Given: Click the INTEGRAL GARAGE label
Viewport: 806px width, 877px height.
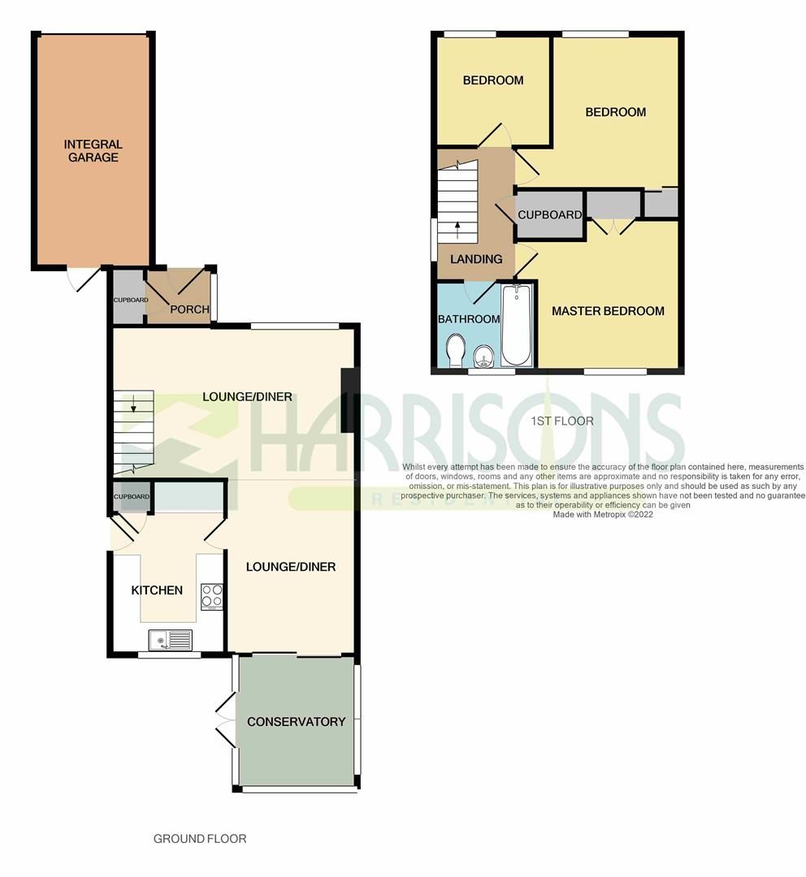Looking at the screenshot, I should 93,151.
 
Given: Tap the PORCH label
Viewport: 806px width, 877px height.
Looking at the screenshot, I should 189,309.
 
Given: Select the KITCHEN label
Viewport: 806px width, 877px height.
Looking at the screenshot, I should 157,590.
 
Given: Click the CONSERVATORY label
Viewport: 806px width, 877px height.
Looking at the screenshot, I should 296,722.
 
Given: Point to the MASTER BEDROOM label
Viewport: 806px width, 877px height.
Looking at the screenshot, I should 608,311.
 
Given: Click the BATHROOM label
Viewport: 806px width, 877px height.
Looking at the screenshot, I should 469,319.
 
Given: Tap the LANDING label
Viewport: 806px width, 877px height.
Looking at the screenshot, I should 476,259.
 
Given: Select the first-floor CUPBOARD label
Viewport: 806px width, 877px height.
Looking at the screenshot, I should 550,215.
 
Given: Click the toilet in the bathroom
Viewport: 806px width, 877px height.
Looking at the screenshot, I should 455,352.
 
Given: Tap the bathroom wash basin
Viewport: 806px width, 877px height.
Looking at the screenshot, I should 483,354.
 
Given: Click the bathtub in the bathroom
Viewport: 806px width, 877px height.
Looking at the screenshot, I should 516,325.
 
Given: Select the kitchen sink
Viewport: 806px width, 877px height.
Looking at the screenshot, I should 170,641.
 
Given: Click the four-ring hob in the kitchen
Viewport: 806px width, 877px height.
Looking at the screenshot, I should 212,596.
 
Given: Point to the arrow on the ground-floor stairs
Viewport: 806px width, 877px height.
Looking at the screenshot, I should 135,400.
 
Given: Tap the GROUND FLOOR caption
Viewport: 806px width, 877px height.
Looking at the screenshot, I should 200,839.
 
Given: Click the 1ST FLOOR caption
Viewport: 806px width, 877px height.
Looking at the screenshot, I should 561,421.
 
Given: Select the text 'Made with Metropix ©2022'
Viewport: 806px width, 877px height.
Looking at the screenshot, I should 602,514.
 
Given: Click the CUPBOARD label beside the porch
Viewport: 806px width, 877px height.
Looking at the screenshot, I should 128,300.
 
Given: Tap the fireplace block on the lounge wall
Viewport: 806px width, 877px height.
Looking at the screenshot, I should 347,400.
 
